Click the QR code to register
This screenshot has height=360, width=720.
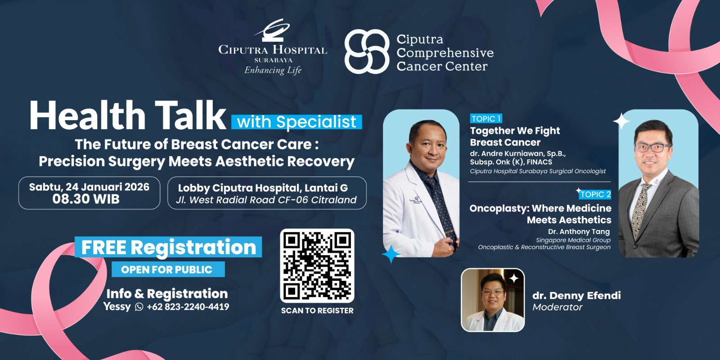(x=317, y=265)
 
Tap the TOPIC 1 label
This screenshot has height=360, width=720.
(x=486, y=119)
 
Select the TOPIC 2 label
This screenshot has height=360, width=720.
(x=595, y=194)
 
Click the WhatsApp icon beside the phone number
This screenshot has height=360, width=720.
(x=139, y=306)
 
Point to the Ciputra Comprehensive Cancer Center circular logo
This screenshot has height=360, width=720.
(x=367, y=51)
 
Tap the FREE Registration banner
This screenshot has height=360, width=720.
(x=168, y=247)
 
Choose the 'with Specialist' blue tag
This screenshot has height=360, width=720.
(x=297, y=122)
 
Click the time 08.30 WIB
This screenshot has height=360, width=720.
(x=86, y=199)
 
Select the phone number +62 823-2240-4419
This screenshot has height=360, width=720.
(x=188, y=306)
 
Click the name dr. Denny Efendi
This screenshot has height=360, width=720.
(x=576, y=295)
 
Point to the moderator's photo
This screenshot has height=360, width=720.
(x=493, y=300)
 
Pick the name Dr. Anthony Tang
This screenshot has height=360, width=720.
(x=579, y=231)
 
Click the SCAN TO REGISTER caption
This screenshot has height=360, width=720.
(x=317, y=310)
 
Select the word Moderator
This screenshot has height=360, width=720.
(x=558, y=307)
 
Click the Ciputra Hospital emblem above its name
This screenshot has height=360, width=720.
(x=273, y=30)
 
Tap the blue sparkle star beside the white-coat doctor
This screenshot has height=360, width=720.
(x=391, y=254)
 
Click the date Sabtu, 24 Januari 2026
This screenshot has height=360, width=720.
(x=90, y=187)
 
